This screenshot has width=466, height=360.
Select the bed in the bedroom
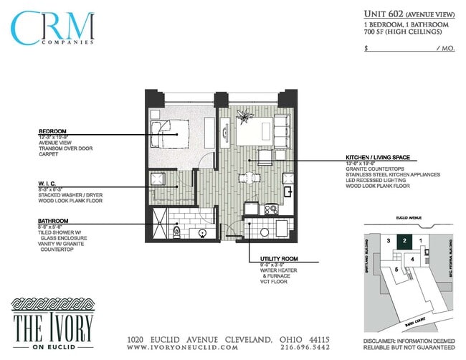click(x=173, y=134)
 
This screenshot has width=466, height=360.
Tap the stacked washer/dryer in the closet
click(x=157, y=179)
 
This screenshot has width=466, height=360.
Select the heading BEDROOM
click(x=54, y=130)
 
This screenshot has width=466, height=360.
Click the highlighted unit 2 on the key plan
click(x=405, y=241)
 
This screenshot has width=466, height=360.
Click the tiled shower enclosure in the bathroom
click(x=162, y=223)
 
